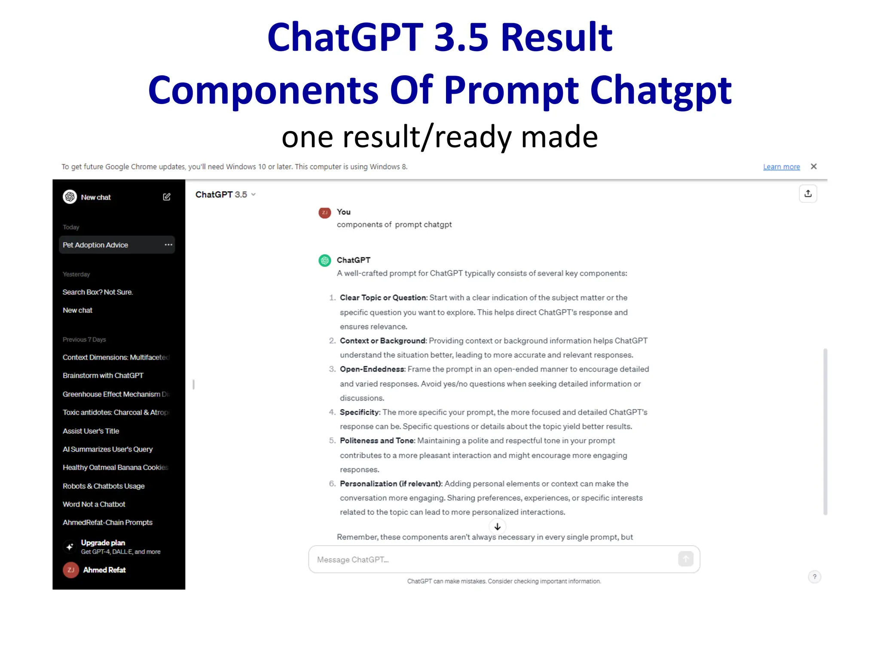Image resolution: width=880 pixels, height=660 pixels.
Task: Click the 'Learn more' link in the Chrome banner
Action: [781, 167]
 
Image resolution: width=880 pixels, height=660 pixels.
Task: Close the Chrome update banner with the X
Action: [813, 166]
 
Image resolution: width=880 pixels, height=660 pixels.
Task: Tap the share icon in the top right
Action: [808, 194]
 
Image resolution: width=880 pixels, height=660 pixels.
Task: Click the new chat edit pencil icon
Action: [167, 197]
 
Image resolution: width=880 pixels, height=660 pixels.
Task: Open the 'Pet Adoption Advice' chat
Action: [95, 245]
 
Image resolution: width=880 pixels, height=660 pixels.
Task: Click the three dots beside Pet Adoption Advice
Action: [168, 245]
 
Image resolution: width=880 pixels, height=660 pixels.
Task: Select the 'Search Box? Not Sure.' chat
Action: [98, 292]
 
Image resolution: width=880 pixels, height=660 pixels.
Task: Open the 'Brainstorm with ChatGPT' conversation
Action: [103, 376]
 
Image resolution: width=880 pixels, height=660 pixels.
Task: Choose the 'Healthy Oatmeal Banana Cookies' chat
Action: [115, 467]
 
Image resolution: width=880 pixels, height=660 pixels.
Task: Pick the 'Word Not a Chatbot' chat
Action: [94, 504]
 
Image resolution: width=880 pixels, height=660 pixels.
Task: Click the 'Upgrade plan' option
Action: [103, 543]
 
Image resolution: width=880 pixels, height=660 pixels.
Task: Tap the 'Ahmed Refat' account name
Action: [104, 570]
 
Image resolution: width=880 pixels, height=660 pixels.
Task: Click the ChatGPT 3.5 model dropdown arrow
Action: [254, 195]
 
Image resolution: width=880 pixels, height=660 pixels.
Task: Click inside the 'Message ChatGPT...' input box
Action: [494, 559]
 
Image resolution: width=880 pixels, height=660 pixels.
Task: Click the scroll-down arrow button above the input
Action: [498, 526]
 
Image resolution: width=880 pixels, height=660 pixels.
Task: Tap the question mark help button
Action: [814, 577]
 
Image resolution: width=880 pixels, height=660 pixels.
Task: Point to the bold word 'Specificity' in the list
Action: [360, 412]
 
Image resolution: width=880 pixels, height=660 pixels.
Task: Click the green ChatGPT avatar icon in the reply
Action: [325, 260]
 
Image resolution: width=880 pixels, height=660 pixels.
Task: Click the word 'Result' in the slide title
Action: [556, 37]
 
